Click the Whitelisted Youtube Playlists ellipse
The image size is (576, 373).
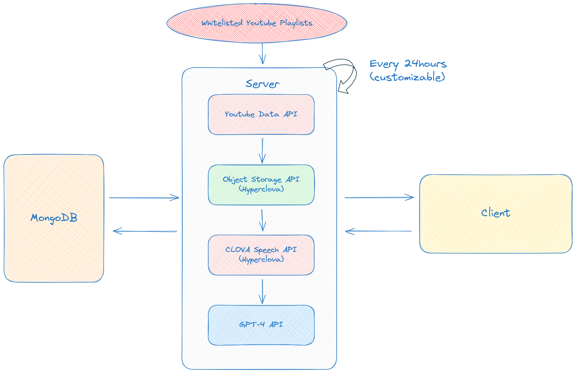click(x=257, y=23)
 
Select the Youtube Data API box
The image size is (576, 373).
click(x=261, y=115)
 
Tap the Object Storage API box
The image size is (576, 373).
click(x=261, y=185)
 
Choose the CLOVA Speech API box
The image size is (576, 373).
click(x=261, y=255)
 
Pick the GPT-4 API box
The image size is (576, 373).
click(x=261, y=325)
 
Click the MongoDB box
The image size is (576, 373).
click(x=54, y=218)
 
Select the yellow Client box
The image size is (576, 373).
click(x=495, y=213)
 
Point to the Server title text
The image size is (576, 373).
click(x=262, y=84)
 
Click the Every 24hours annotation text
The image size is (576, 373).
click(x=408, y=64)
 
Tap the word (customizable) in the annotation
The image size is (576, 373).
click(x=407, y=77)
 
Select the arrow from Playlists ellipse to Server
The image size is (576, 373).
click(x=263, y=54)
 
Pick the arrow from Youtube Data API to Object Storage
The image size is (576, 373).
click(x=262, y=151)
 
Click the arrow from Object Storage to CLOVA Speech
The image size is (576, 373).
click(x=263, y=220)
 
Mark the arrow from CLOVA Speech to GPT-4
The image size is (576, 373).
click(x=263, y=291)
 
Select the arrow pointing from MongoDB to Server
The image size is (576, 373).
click(x=144, y=198)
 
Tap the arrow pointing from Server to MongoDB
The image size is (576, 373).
click(x=145, y=231)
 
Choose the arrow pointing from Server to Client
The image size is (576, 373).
click(x=379, y=198)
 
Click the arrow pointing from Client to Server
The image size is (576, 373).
click(x=378, y=231)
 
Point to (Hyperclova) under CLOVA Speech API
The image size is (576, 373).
click(x=261, y=259)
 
